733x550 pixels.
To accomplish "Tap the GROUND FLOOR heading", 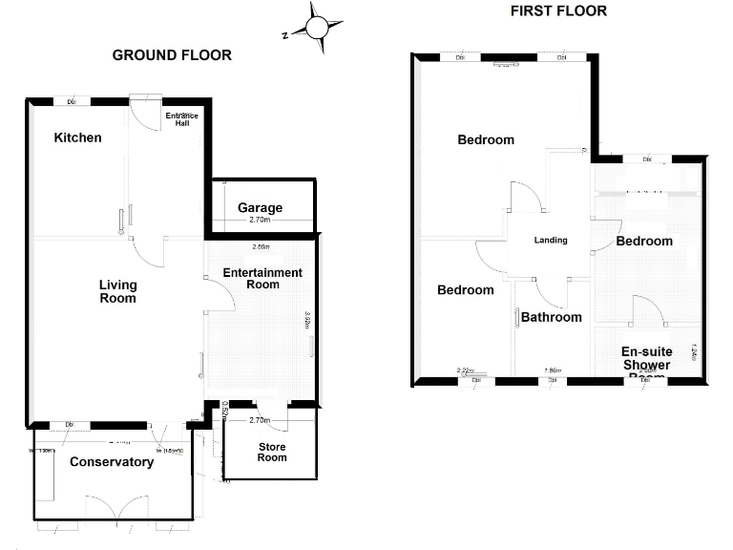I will (172, 55).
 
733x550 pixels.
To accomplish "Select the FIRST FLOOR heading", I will (558, 11).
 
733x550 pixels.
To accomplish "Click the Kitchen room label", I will (77, 137).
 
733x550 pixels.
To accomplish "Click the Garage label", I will (260, 207).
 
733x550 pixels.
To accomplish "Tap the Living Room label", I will (118, 291).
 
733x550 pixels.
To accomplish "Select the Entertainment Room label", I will (262, 279).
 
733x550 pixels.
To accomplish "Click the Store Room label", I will (272, 452).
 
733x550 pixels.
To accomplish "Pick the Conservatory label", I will (112, 462).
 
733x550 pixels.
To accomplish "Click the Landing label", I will (551, 240).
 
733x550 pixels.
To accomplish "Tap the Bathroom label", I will (551, 317).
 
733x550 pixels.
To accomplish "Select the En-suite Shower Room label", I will (646, 364).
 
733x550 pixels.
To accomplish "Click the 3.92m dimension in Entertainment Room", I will (307, 320).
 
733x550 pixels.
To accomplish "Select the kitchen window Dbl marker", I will (72, 101).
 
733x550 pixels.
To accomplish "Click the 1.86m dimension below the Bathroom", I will (552, 370).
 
